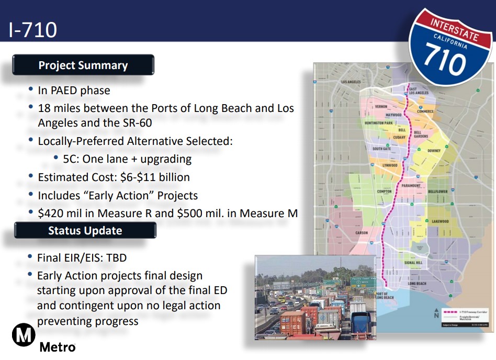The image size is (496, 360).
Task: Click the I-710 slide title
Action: (32, 30)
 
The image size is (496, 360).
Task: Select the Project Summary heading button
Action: (83, 65)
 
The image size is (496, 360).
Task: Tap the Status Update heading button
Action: (85, 231)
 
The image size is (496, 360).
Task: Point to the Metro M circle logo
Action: (24, 335)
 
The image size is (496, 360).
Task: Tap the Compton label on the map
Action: (384, 192)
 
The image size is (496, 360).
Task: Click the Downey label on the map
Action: (434, 151)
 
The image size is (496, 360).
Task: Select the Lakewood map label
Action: (440, 221)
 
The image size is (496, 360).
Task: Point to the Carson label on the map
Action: (362, 232)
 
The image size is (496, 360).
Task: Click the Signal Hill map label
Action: (413, 263)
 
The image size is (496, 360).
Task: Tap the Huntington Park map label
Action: (378, 123)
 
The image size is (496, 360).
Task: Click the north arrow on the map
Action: (436, 313)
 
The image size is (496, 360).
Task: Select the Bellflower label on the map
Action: (438, 192)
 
